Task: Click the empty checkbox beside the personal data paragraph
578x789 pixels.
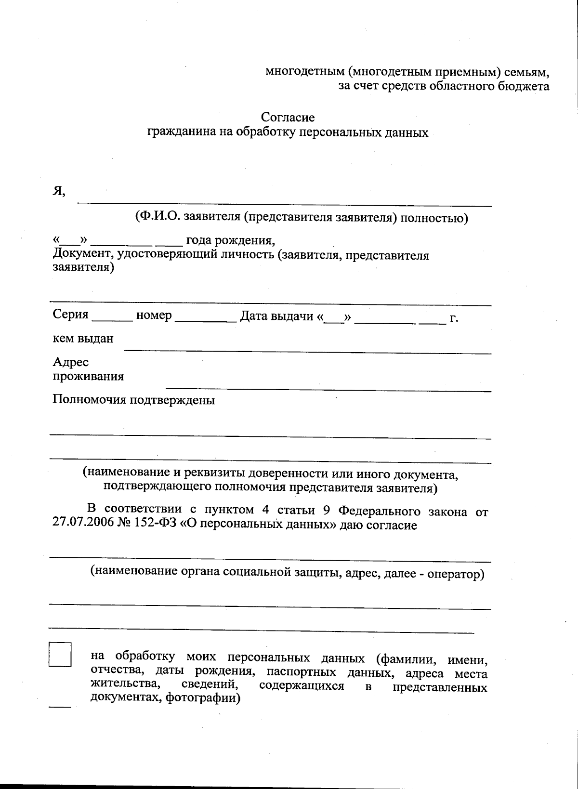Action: [60, 654]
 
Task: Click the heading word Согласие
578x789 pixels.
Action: [288, 117]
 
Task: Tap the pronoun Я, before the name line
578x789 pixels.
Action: [59, 191]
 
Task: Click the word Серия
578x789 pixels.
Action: [70, 315]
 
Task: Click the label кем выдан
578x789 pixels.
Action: [83, 339]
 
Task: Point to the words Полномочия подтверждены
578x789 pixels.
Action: [133, 400]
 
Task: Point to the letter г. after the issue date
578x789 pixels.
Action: [453, 318]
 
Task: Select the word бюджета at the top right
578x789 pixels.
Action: [525, 86]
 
